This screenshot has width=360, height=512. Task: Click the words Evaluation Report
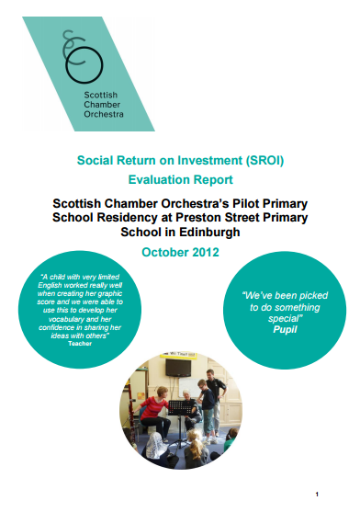(179, 181)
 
